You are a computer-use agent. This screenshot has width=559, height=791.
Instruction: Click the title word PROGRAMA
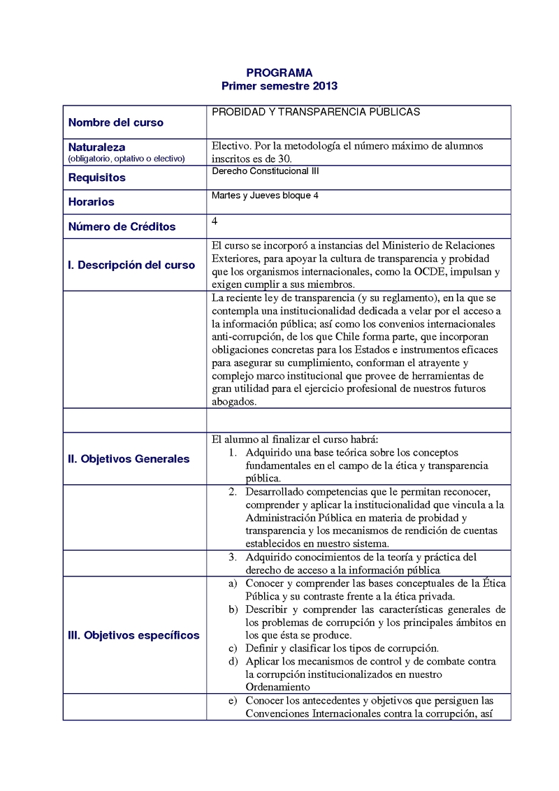coord(279,73)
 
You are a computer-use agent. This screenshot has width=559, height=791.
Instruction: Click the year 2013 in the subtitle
coord(324,86)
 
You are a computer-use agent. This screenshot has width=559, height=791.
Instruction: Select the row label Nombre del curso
coord(115,122)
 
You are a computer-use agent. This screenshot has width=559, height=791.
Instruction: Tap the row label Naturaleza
coord(96,147)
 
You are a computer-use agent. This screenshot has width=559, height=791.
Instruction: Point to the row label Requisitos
coord(96,177)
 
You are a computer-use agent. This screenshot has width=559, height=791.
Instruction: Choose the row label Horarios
coord(91,202)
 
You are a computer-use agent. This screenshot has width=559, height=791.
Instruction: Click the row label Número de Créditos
coord(122,226)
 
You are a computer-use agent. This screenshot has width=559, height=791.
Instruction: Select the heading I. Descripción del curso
coord(131,265)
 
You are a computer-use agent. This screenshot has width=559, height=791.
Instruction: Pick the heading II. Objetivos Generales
coord(128,459)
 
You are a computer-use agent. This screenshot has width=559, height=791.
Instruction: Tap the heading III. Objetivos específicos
coord(133,635)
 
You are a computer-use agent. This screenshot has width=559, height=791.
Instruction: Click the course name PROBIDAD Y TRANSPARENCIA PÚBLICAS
coord(315,112)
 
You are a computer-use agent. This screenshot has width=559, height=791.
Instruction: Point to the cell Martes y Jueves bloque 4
coord(265,196)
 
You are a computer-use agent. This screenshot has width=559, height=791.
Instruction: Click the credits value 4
coord(214,221)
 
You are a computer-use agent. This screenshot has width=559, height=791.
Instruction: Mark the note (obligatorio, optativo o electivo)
coord(126,159)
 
